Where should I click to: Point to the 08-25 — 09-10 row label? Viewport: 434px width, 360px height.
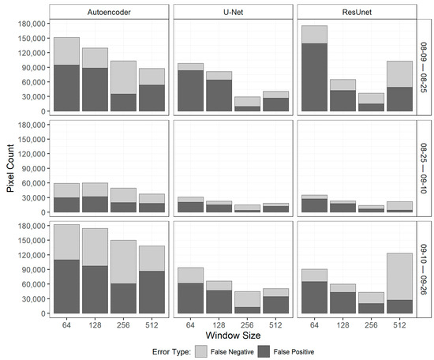click(424, 167)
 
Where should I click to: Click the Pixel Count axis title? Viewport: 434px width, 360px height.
click(9, 167)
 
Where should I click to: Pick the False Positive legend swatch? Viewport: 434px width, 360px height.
click(279, 353)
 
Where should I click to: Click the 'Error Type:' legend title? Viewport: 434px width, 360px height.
click(175, 353)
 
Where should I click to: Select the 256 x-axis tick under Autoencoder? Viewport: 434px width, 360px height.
click(124, 324)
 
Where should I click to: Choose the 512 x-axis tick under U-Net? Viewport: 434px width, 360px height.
click(276, 324)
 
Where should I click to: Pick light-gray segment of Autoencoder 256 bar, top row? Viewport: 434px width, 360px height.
click(124, 77)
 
